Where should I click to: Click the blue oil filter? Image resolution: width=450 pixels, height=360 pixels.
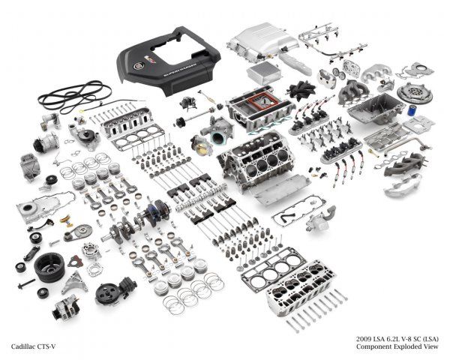click(412, 111)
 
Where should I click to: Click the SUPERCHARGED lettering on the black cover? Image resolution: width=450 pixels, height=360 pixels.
click(180, 69)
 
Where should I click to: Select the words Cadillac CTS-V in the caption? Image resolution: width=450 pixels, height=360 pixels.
click(33, 346)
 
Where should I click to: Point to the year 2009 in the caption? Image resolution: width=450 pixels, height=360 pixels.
click(363, 339)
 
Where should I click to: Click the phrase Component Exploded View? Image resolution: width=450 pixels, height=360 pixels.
click(397, 346)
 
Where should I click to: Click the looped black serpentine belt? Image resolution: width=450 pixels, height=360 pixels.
click(74, 96)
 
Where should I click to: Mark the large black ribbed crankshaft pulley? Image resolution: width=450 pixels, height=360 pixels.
click(49, 267)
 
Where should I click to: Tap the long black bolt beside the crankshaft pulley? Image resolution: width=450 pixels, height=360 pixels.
click(25, 283)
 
